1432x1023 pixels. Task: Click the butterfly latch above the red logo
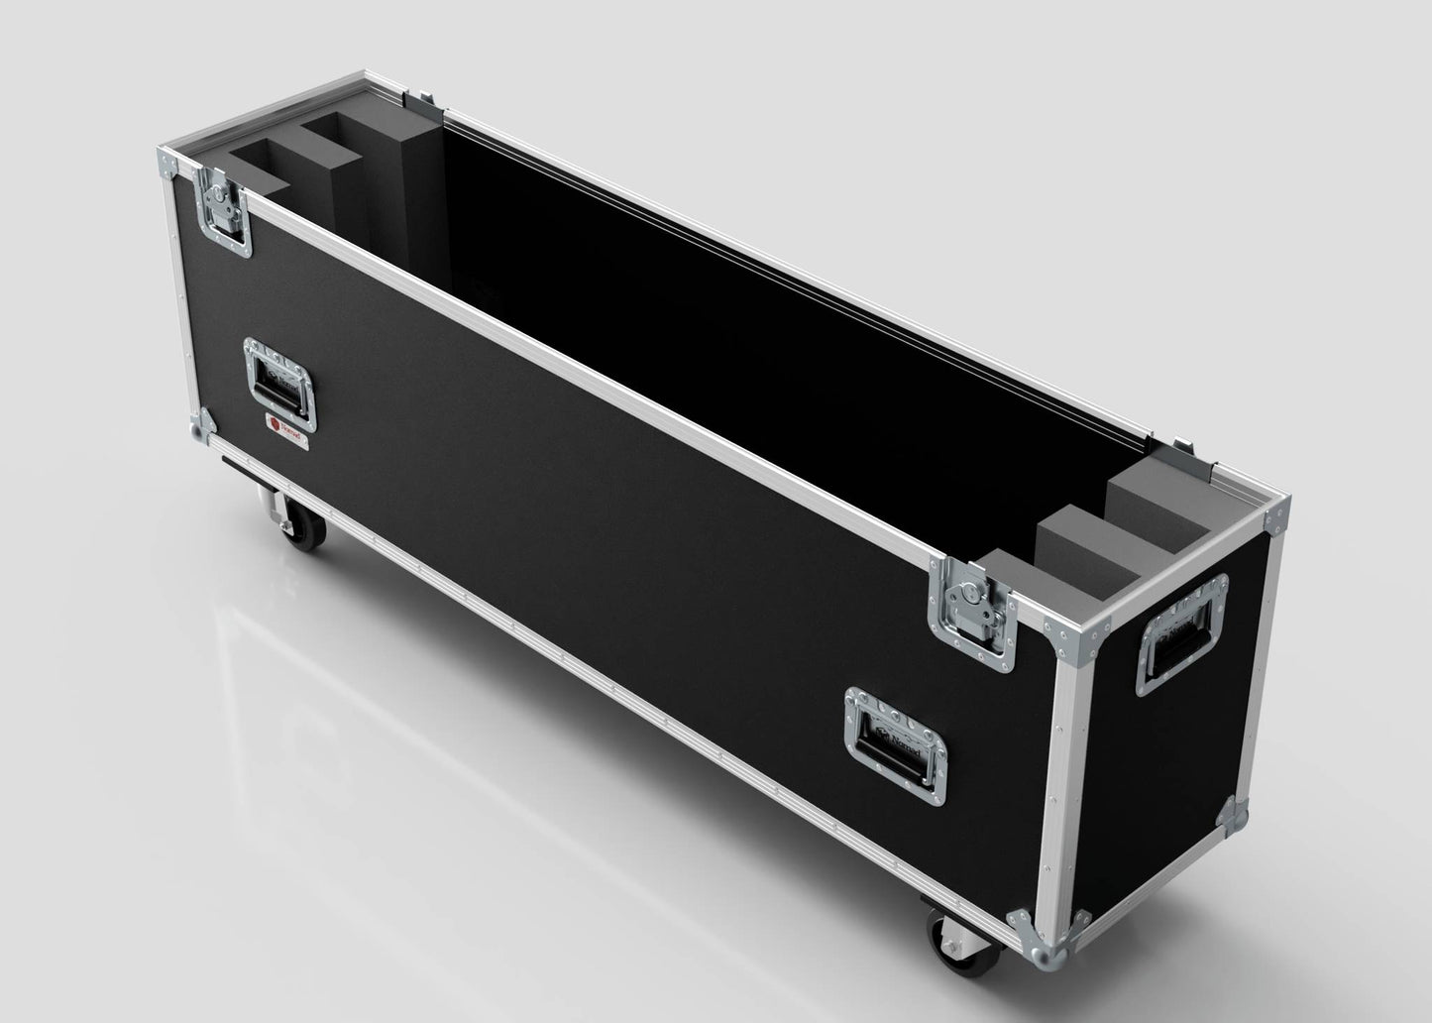[224, 209]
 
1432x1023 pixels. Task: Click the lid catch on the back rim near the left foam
[425, 98]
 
